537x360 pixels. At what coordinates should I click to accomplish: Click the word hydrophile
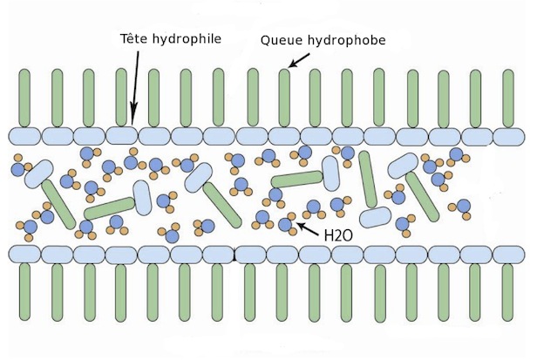click(x=187, y=39)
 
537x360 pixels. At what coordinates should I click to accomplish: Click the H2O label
click(x=338, y=235)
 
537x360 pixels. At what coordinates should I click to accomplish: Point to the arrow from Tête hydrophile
click(x=136, y=87)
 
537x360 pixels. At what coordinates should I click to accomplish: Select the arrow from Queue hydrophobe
click(x=299, y=60)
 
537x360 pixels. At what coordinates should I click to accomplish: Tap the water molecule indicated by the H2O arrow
click(x=287, y=224)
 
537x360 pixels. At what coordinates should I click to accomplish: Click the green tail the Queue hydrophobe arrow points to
click(x=284, y=98)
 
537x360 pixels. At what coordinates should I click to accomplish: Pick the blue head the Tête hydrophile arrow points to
click(x=122, y=136)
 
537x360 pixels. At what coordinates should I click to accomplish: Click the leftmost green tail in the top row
click(x=24, y=98)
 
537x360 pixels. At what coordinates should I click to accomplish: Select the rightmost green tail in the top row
click(x=508, y=98)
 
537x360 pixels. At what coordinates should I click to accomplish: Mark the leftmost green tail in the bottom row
click(x=24, y=292)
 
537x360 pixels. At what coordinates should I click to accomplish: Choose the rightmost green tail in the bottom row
click(x=507, y=293)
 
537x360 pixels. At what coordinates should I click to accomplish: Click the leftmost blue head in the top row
click(x=24, y=136)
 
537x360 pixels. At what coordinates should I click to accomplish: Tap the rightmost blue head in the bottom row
click(x=509, y=255)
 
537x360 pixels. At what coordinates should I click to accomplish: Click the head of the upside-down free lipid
click(x=376, y=217)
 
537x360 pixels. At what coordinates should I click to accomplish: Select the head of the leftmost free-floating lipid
click(x=39, y=174)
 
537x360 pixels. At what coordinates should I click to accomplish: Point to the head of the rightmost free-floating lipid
click(x=404, y=166)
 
